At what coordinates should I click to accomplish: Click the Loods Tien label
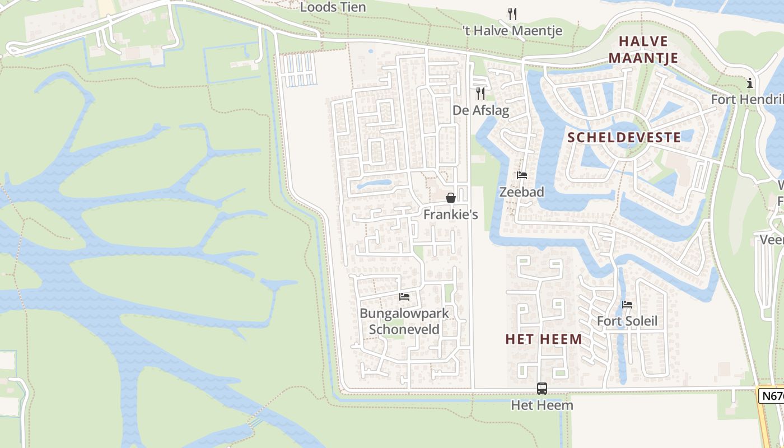click(333, 7)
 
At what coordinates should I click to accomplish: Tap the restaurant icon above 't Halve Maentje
click(512, 13)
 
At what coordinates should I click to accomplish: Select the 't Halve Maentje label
click(512, 31)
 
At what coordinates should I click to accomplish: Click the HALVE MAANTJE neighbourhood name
click(643, 49)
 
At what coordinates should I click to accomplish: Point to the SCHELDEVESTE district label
click(624, 137)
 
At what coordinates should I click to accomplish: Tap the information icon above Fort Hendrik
click(750, 83)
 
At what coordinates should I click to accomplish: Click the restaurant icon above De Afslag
click(480, 93)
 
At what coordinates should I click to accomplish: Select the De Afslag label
click(481, 110)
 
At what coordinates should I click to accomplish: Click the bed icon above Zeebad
click(522, 175)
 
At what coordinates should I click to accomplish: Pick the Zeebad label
click(521, 192)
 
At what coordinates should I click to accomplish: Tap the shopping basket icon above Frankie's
click(450, 198)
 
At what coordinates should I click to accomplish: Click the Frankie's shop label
click(450, 214)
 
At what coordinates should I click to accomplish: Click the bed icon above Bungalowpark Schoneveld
click(404, 296)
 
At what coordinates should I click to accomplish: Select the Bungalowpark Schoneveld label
click(404, 321)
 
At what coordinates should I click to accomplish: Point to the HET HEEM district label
click(544, 339)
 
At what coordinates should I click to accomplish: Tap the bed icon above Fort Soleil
click(627, 305)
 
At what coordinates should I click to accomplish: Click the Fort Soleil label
click(627, 321)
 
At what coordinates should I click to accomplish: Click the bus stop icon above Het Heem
click(542, 388)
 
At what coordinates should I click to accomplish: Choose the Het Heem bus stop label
click(542, 404)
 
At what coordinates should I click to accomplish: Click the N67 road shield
click(772, 396)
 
